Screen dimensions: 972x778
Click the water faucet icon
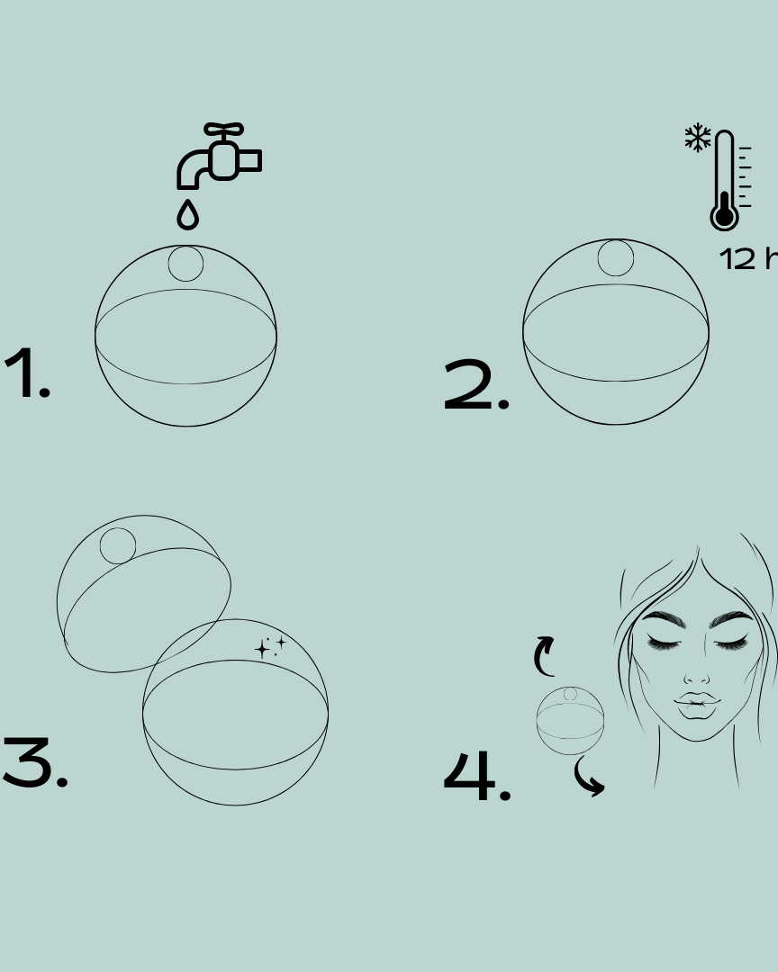pyautogui.click(x=219, y=157)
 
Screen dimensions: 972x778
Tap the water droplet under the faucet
pyautogui.click(x=187, y=216)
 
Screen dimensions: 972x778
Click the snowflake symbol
pyautogui.click(x=697, y=139)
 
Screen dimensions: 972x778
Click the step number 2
pyautogui.click(x=476, y=387)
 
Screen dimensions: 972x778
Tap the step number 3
pyautogui.click(x=34, y=763)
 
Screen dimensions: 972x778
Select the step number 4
pyautogui.click(x=477, y=776)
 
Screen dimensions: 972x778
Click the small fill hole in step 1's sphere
pyautogui.click(x=185, y=264)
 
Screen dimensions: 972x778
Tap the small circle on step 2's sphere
pyautogui.click(x=616, y=258)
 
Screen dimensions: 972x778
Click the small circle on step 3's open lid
pyautogui.click(x=118, y=546)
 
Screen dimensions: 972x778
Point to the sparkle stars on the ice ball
pyautogui.click(x=270, y=646)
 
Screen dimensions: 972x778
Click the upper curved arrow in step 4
pyautogui.click(x=544, y=655)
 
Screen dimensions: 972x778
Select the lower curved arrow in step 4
pyautogui.click(x=590, y=778)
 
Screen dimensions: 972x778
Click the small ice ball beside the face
pyautogui.click(x=570, y=721)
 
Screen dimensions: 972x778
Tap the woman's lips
pyautogui.click(x=696, y=706)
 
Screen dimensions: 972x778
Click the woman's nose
pyautogui.click(x=696, y=675)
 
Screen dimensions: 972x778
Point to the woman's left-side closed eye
pyautogui.click(x=664, y=641)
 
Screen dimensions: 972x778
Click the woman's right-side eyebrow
pyautogui.click(x=732, y=619)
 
